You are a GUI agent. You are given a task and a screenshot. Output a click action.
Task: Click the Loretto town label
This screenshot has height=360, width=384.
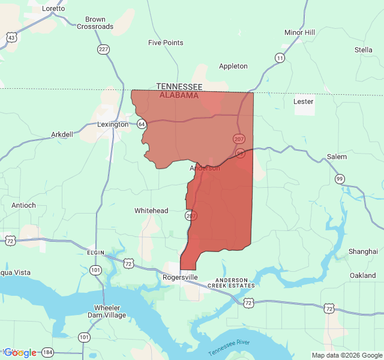click(x=53, y=8)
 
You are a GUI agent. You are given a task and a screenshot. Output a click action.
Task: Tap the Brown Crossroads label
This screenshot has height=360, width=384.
click(x=95, y=23)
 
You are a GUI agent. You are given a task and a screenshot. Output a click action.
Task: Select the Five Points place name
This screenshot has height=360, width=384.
click(x=166, y=43)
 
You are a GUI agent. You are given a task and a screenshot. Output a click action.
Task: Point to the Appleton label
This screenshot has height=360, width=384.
click(x=233, y=66)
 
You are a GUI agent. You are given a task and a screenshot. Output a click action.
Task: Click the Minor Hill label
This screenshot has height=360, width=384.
click(x=299, y=32)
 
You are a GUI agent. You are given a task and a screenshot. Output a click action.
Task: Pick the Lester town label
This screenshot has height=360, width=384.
click(x=304, y=101)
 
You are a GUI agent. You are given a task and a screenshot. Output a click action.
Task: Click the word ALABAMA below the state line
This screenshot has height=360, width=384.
click(x=179, y=95)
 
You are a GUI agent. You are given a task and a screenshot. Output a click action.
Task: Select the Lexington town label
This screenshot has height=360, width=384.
click(x=113, y=124)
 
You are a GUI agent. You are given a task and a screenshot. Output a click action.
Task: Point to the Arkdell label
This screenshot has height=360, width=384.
click(x=62, y=134)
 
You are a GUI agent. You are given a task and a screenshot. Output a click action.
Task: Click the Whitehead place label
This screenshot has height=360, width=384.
click(x=151, y=211)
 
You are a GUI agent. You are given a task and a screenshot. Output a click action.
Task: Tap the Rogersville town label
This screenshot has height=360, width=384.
click(x=180, y=278)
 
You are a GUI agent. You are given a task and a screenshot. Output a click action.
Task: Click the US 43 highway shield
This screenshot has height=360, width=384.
click(x=11, y=37)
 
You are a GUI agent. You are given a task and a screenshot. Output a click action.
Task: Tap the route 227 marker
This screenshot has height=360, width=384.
click(x=104, y=49)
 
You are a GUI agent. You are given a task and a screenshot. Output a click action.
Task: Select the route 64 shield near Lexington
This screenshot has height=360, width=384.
click(x=142, y=124)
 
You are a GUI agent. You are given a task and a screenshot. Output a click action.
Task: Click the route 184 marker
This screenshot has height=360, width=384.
click(x=49, y=352)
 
